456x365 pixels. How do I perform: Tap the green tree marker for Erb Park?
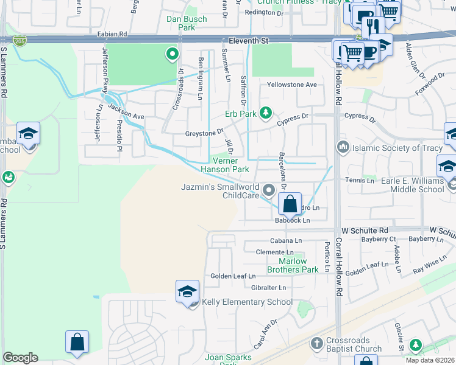(x=265, y=113)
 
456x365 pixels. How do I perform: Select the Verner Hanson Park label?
(x=226, y=165)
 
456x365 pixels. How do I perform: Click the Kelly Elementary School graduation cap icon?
(x=188, y=291)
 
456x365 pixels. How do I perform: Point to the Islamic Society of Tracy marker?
(x=343, y=147)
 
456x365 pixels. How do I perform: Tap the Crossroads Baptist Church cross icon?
(x=316, y=344)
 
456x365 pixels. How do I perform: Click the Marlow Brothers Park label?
(x=294, y=265)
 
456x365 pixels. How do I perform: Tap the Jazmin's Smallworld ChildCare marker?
(x=268, y=192)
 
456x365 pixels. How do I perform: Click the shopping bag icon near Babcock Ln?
(x=291, y=204)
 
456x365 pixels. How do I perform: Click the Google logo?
(x=20, y=358)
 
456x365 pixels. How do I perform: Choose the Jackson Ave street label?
(x=126, y=111)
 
